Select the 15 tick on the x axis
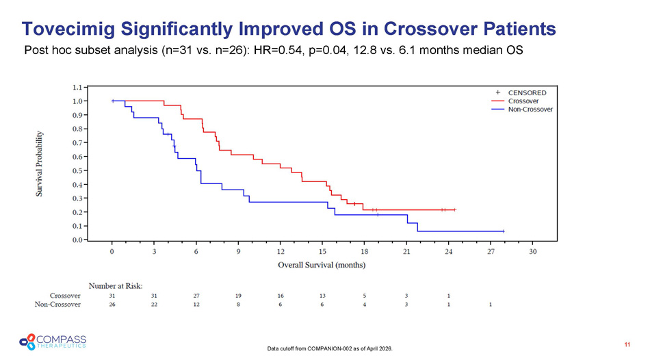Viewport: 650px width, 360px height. pos(323,252)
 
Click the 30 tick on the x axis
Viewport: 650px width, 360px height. pos(533,252)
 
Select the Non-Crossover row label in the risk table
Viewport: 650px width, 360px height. pos(59,305)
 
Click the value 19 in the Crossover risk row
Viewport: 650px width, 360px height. pos(239,295)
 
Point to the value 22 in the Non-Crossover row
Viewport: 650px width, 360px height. pos(155,305)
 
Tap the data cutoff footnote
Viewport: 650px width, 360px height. pos(331,349)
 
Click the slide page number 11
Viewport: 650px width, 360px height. pos(627,343)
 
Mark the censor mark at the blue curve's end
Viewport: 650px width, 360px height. pos(503,231)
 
